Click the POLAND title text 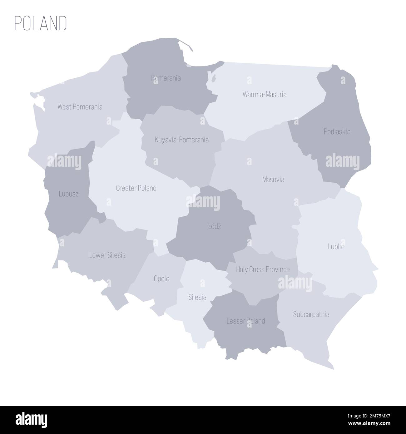tap(41, 23)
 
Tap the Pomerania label tap(166, 78)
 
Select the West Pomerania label tap(80, 107)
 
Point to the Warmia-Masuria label tap(265, 94)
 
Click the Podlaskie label tap(337, 132)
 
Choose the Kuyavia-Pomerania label tap(181, 140)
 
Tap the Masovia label tap(273, 180)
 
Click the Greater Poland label tap(136, 188)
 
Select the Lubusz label tap(68, 194)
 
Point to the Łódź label tap(214, 227)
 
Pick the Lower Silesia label tap(107, 255)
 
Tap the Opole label tap(162, 279)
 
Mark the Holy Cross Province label tap(263, 269)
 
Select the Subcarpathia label tap(311, 314)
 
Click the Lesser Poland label tap(246, 321)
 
